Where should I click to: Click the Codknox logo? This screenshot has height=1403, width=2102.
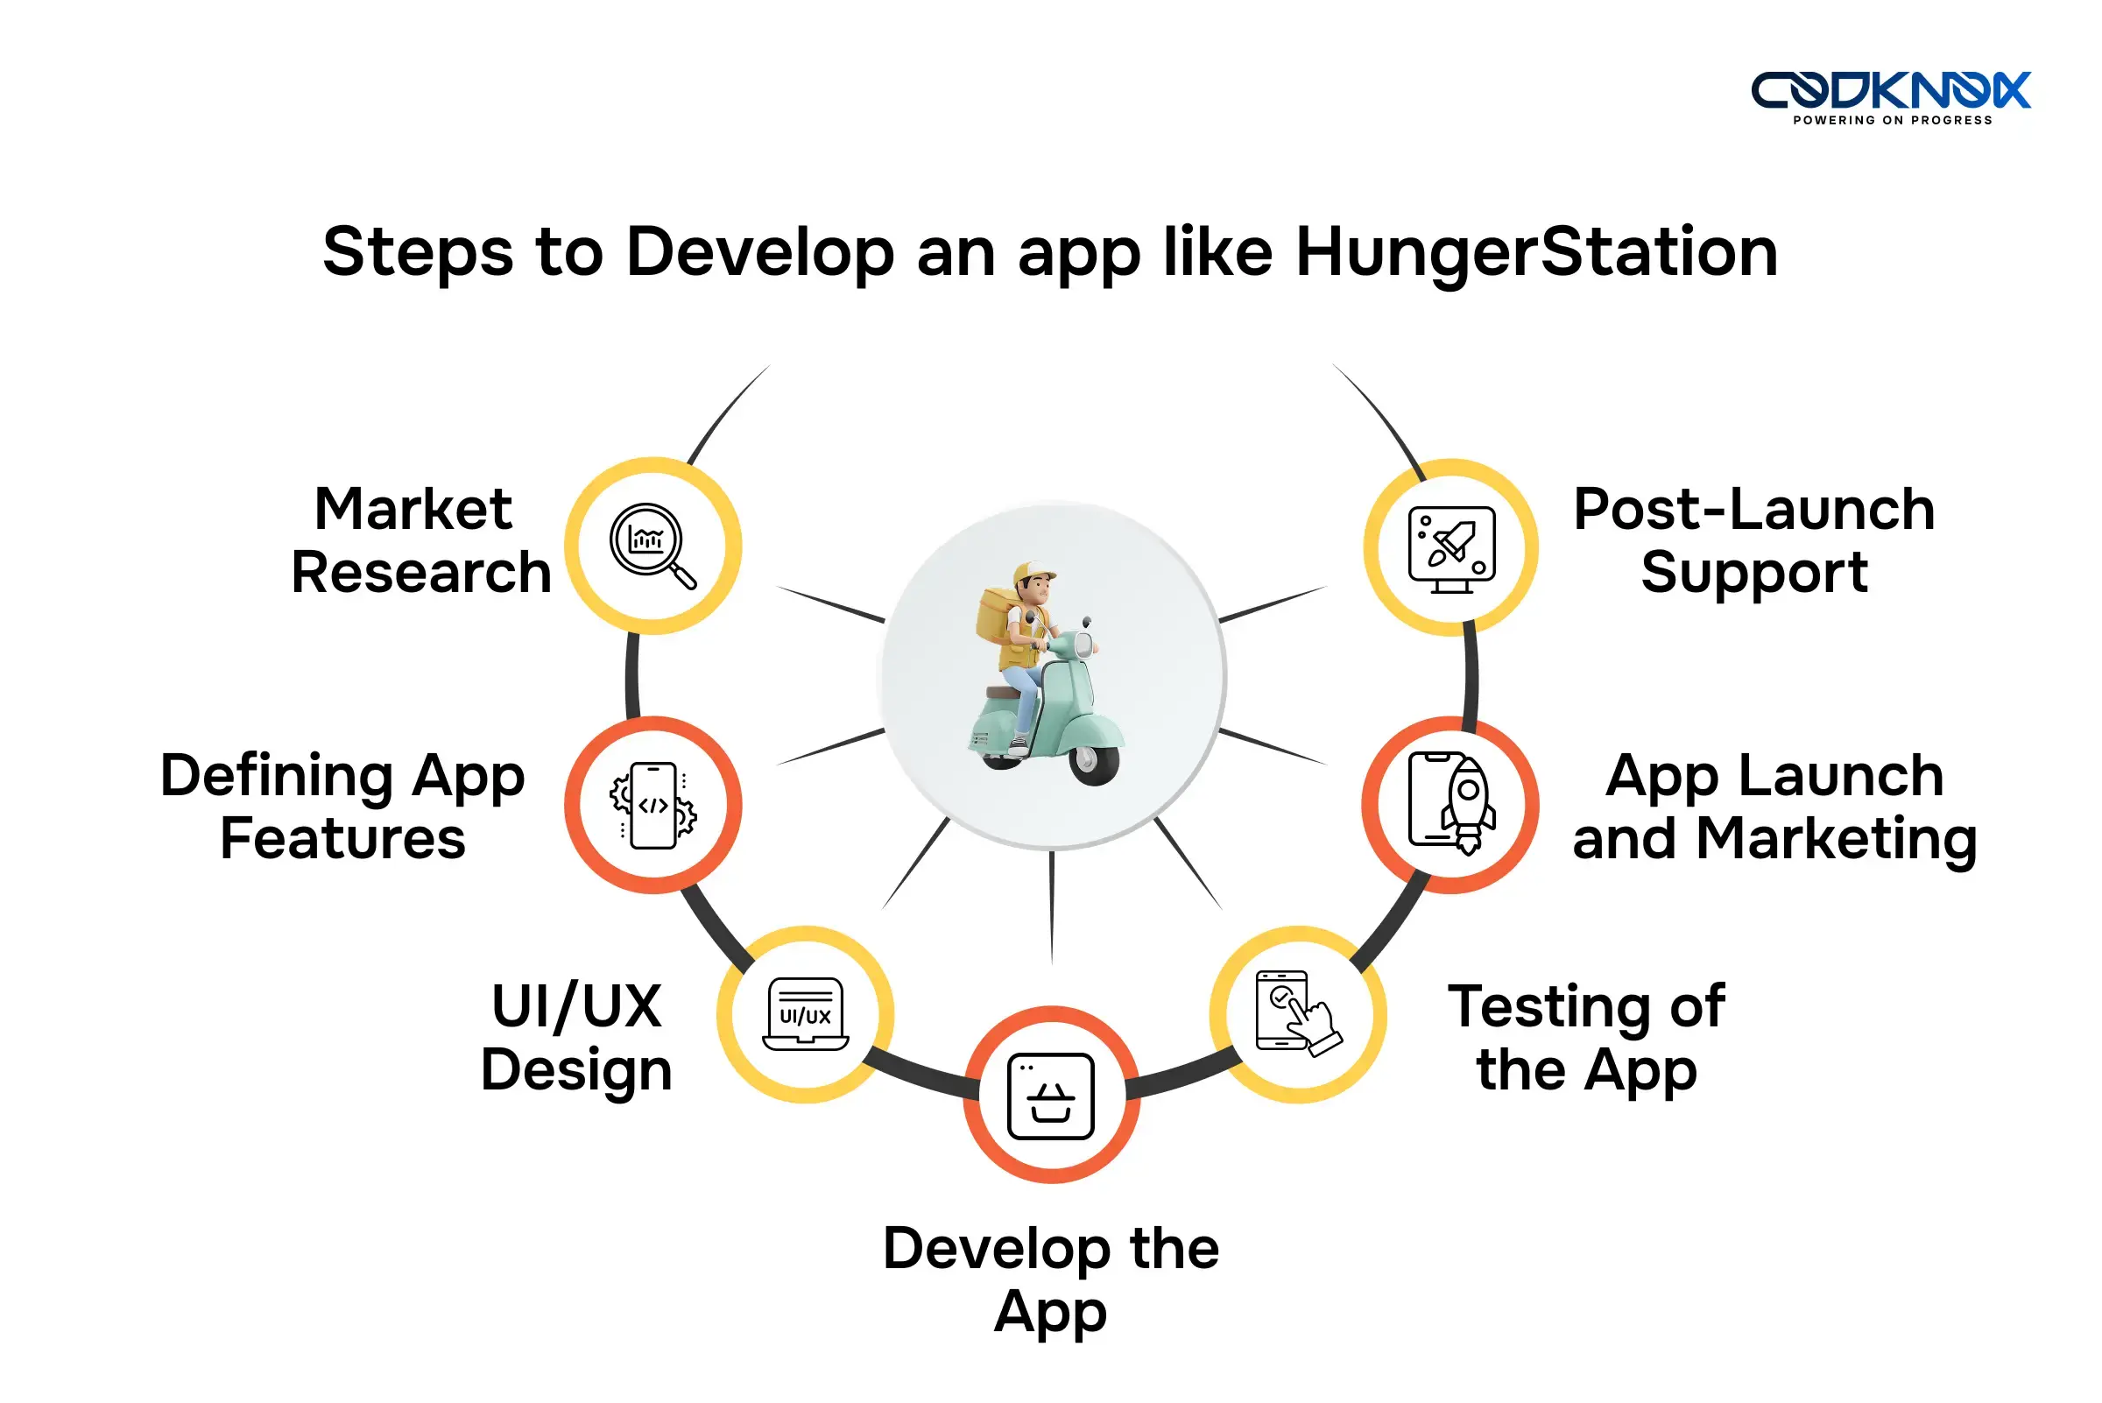click(1890, 90)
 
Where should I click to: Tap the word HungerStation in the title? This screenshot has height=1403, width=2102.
click(1535, 252)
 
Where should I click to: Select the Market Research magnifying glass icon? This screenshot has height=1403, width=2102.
click(652, 545)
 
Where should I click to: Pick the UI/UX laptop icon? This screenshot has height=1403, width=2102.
click(806, 1014)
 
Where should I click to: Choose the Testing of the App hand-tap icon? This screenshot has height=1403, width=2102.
click(1297, 1014)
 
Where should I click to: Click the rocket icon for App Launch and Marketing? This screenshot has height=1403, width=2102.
click(1450, 802)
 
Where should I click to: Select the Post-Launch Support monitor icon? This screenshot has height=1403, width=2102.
click(1450, 547)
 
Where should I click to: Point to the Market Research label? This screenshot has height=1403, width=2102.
click(420, 540)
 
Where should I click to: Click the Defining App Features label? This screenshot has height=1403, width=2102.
click(342, 807)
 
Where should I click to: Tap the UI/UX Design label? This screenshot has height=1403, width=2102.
click(576, 1038)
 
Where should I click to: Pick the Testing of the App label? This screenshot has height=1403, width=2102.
click(1585, 1038)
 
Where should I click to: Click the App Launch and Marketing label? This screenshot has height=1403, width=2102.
click(1774, 807)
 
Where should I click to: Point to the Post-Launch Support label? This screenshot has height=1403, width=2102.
click(1754, 540)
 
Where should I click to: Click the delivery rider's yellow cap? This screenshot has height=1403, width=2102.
click(1033, 572)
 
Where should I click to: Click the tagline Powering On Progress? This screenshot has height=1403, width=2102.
click(1892, 121)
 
